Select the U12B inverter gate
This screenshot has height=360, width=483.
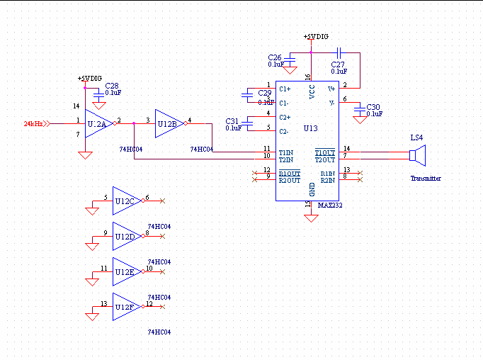[x=169, y=123]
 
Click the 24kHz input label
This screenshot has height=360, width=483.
[x=33, y=123]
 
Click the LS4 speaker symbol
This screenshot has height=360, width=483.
[x=418, y=155]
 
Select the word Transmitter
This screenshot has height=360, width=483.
[x=426, y=179]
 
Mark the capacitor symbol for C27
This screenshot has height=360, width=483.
[x=339, y=52]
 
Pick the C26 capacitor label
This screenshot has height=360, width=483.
[x=275, y=57]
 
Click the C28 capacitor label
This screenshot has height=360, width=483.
[x=112, y=85]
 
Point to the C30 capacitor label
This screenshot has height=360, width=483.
[x=374, y=106]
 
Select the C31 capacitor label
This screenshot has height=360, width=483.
[x=232, y=120]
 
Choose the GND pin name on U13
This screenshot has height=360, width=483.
[x=312, y=189]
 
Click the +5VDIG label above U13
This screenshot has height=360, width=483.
[x=315, y=36]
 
